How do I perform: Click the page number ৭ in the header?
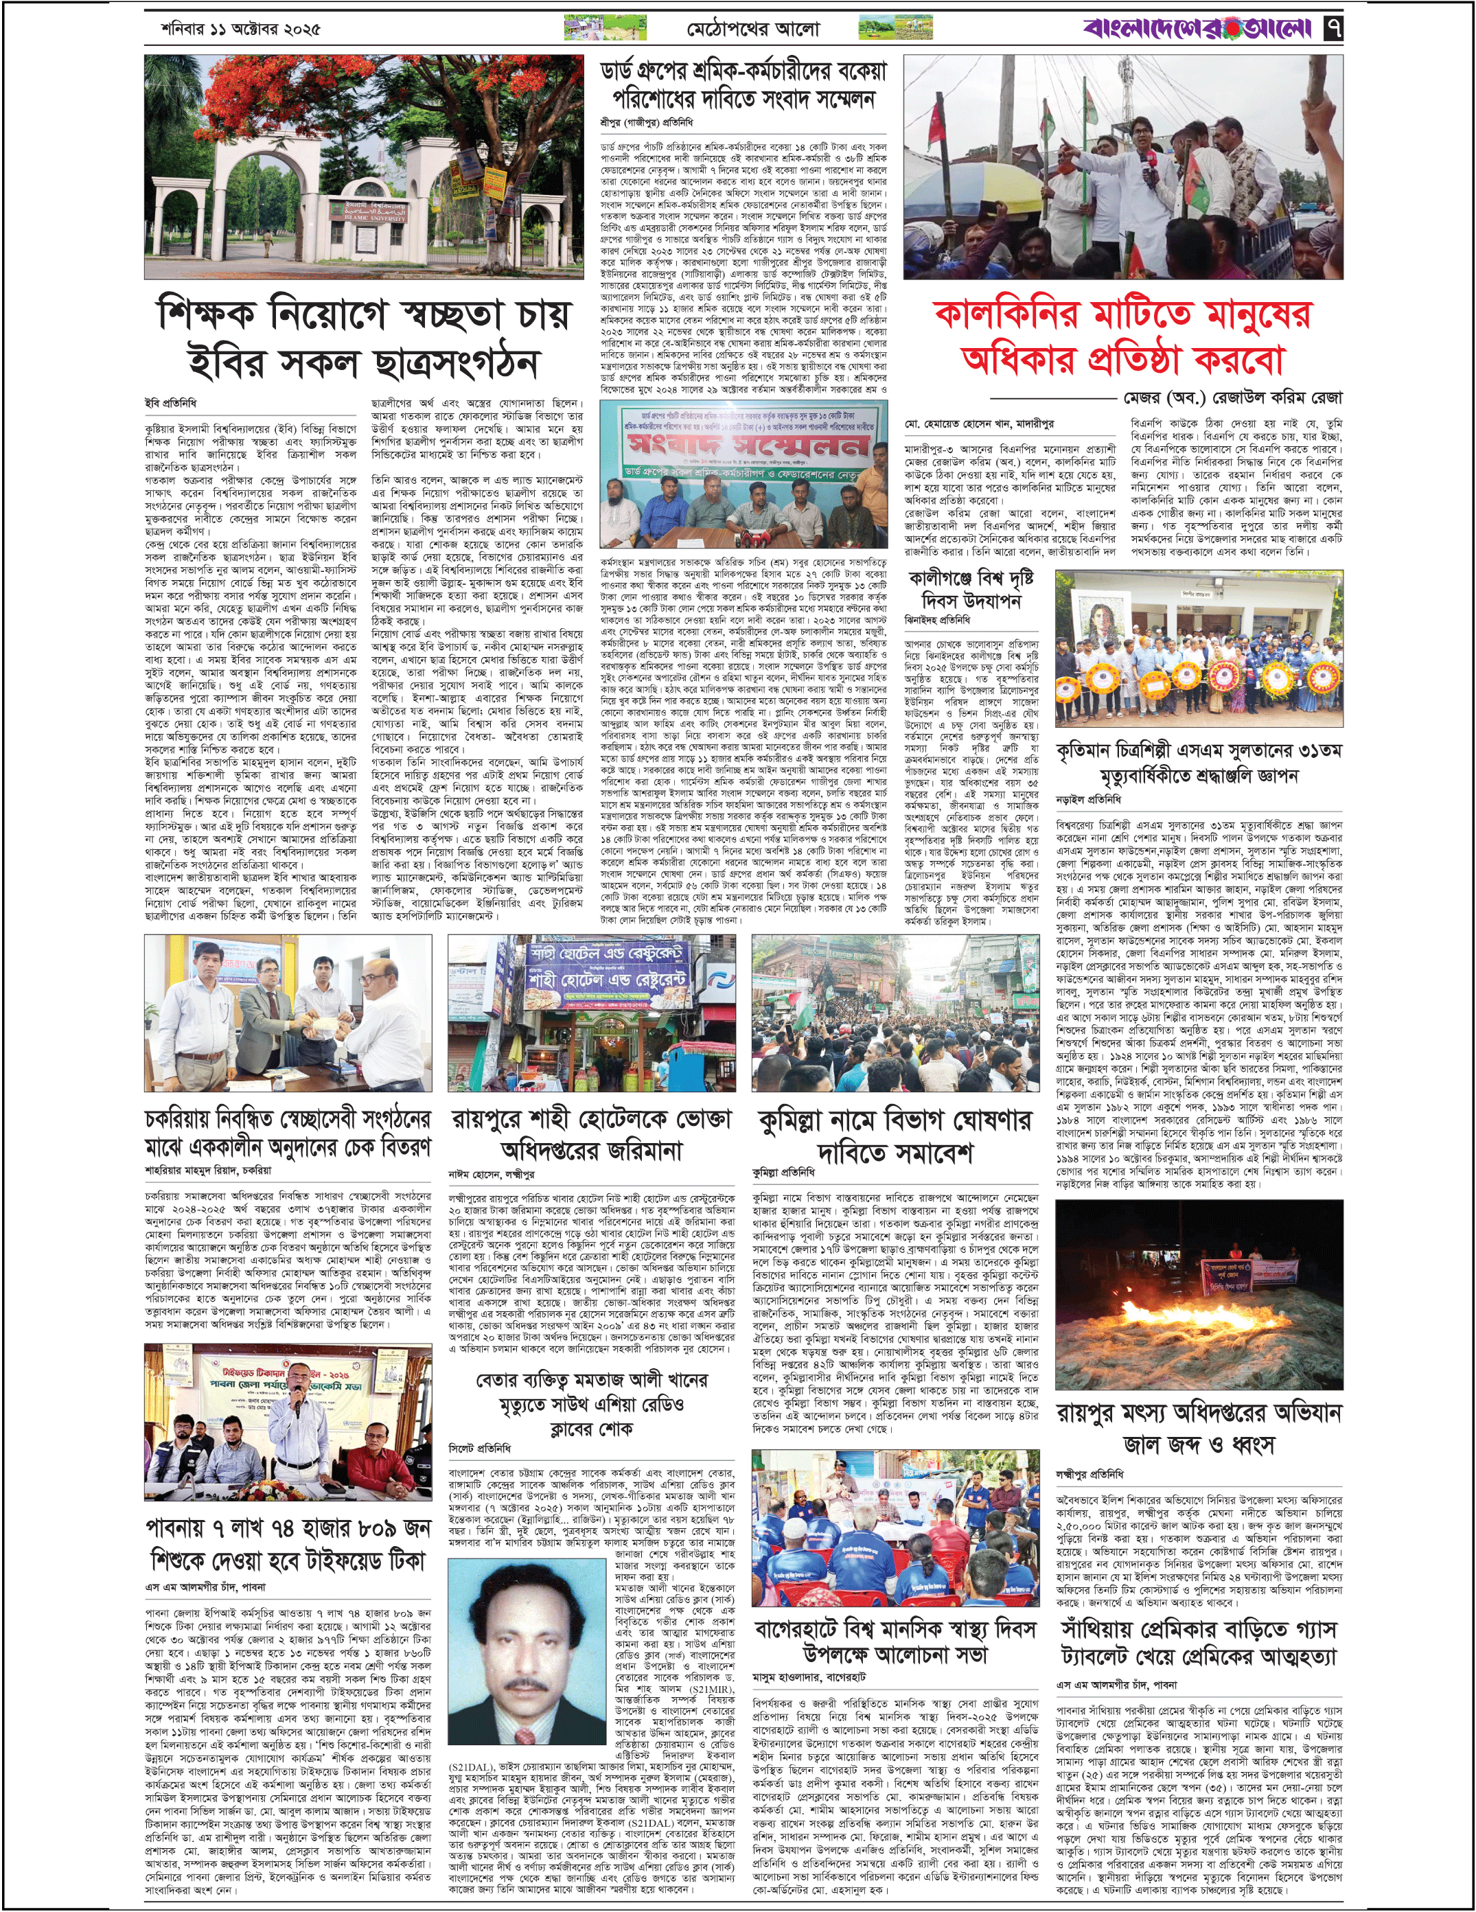(1333, 28)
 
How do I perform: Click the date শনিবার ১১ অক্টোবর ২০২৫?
(241, 29)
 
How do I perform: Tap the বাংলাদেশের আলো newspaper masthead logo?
(1197, 28)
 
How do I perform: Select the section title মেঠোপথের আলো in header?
(753, 29)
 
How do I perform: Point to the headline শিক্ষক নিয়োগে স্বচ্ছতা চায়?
(363, 338)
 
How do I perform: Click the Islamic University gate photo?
(363, 166)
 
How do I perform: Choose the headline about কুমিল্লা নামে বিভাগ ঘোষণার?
(895, 1136)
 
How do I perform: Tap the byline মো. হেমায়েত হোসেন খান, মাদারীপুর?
(979, 424)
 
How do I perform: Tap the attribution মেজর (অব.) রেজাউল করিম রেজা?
(1232, 398)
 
